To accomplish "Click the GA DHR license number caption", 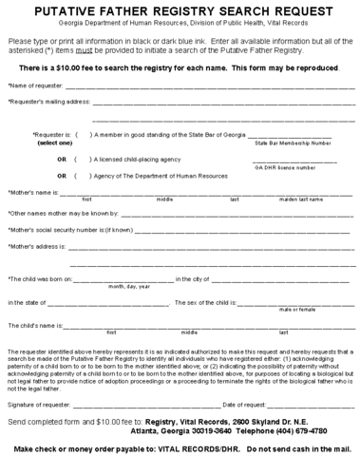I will (x=286, y=167).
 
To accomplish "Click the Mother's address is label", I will (x=36, y=246).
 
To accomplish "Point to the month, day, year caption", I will (x=129, y=286).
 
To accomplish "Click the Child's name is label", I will (x=33, y=326).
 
